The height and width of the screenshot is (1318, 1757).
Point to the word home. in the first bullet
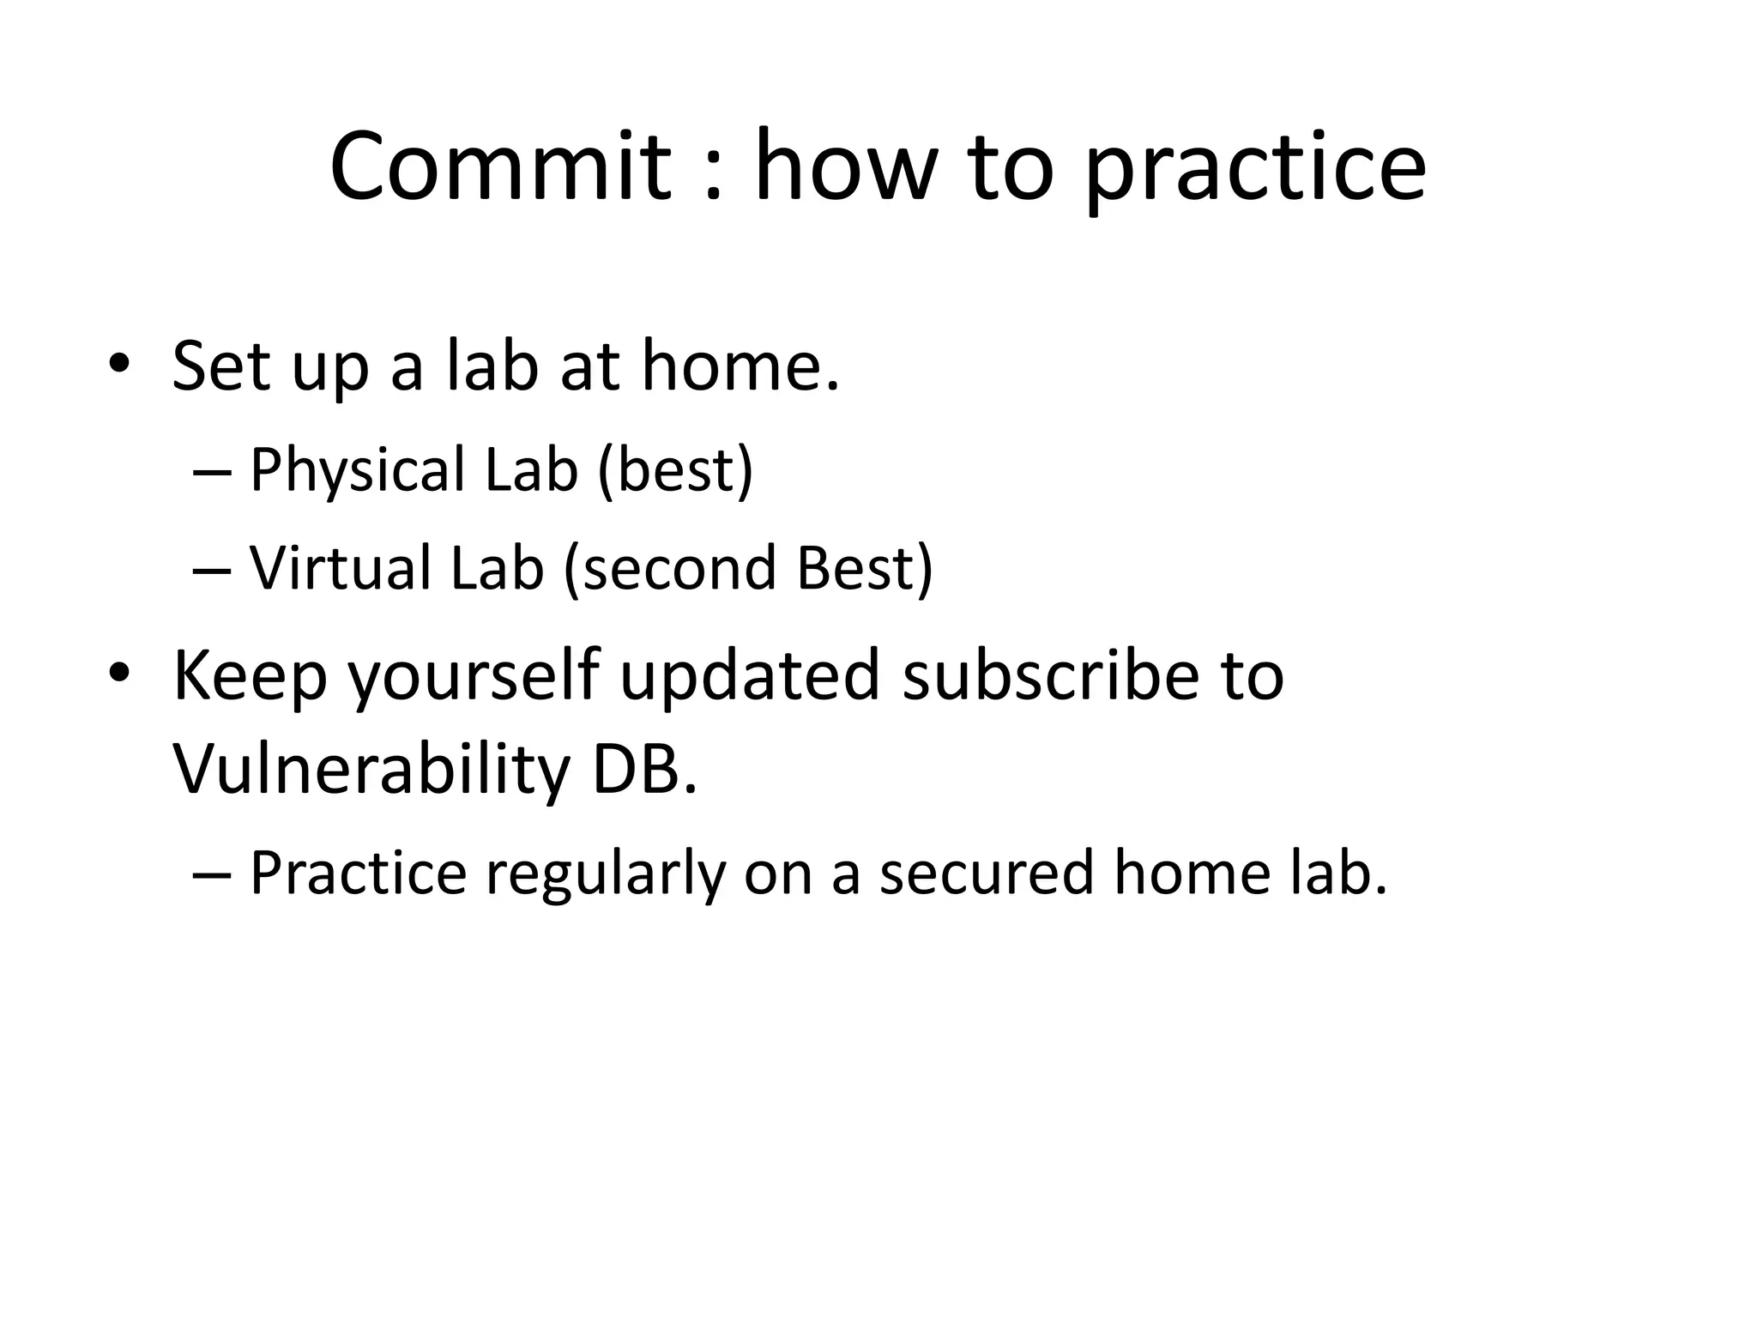coord(740,366)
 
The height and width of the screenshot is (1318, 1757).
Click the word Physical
coord(357,471)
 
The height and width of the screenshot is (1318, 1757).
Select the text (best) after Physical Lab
coord(675,469)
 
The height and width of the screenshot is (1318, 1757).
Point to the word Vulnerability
coord(371,769)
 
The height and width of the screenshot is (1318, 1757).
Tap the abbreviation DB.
coord(644,769)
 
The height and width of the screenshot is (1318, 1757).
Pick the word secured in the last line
coord(987,873)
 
